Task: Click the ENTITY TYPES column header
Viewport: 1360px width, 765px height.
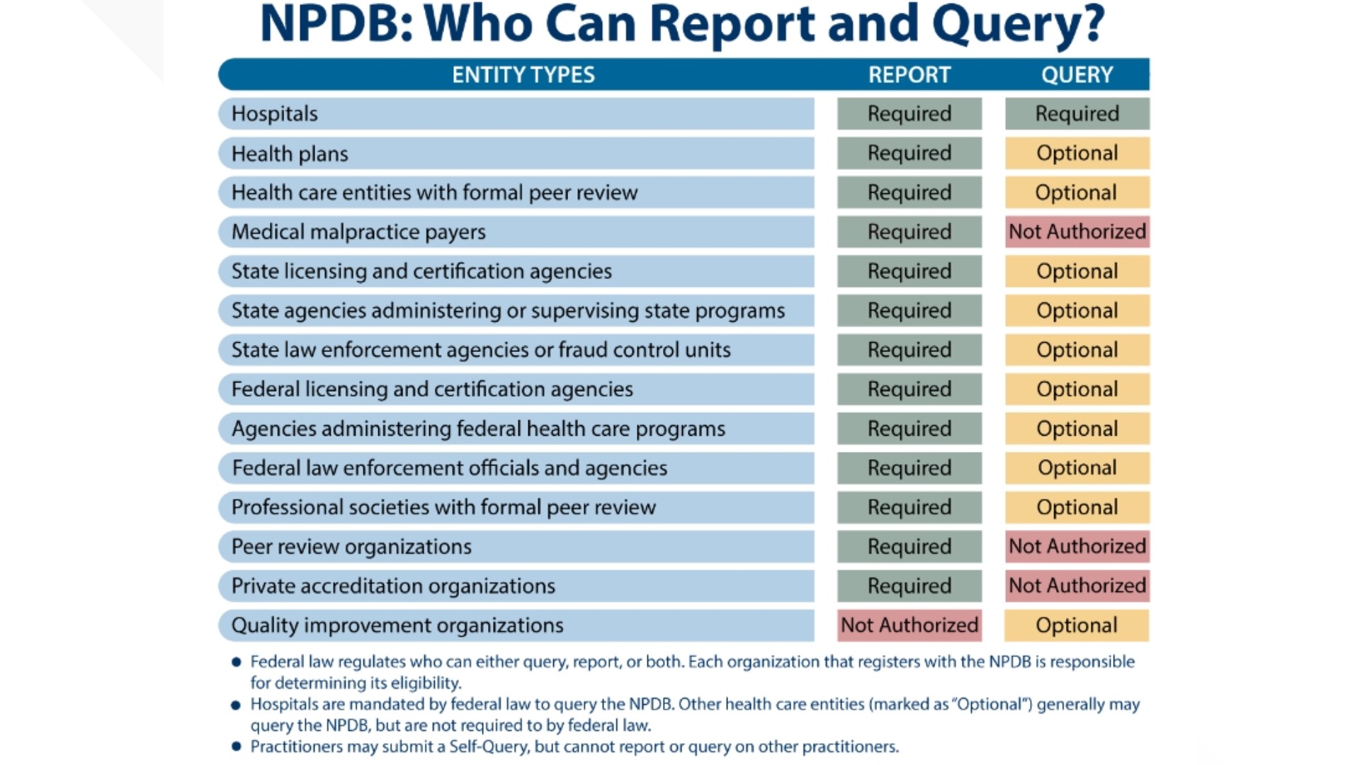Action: pyautogui.click(x=523, y=74)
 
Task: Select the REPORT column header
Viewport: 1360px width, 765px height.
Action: pyautogui.click(x=909, y=74)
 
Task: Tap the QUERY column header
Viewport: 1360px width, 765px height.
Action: pyautogui.click(x=1077, y=74)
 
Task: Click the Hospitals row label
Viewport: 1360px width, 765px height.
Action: pyautogui.click(x=275, y=114)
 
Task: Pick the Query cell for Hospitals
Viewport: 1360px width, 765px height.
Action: pyautogui.click(x=1077, y=114)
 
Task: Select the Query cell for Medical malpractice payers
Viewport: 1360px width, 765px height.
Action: pyautogui.click(x=1077, y=232)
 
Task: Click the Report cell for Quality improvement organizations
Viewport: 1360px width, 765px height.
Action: pyautogui.click(x=909, y=625)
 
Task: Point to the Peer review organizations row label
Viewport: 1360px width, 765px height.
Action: pyautogui.click(x=351, y=547)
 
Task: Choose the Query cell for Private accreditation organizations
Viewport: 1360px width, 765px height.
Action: pyautogui.click(x=1077, y=586)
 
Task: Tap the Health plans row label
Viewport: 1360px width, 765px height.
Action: pyautogui.click(x=290, y=154)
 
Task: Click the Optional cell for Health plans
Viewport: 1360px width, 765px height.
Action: pyautogui.click(x=1077, y=154)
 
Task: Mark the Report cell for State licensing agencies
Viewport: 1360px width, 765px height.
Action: pyautogui.click(x=909, y=271)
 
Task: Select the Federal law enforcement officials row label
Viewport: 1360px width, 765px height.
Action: pyautogui.click(x=449, y=468)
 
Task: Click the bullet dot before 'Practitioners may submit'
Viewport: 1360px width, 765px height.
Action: pyautogui.click(x=237, y=746)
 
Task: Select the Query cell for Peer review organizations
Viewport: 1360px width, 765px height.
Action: pyautogui.click(x=1077, y=547)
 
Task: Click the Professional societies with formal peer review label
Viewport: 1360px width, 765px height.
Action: pyautogui.click(x=443, y=507)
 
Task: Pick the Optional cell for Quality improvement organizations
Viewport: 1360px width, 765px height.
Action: pyautogui.click(x=1077, y=625)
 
